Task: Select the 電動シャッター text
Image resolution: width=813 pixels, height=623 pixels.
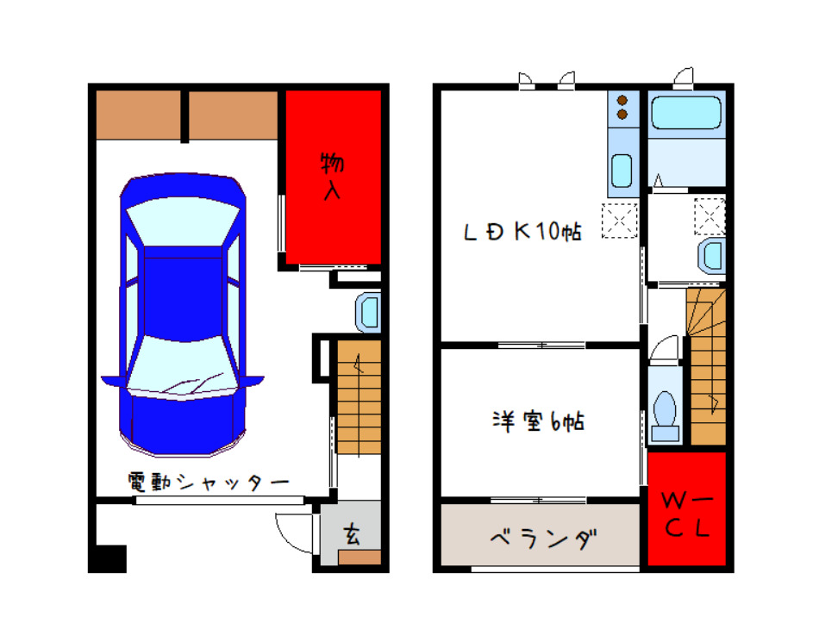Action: pos(208,483)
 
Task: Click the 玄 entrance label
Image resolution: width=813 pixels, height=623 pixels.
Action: pos(353,534)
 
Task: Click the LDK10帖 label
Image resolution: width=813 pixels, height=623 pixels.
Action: pos(522,231)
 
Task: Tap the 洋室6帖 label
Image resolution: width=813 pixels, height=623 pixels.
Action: pos(539,422)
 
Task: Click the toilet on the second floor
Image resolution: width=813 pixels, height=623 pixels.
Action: pos(665,409)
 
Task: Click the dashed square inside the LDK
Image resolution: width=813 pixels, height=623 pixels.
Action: pos(619,219)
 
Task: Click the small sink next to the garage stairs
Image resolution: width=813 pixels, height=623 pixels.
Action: pos(369,311)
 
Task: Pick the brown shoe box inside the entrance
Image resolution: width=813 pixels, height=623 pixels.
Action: pos(360,557)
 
